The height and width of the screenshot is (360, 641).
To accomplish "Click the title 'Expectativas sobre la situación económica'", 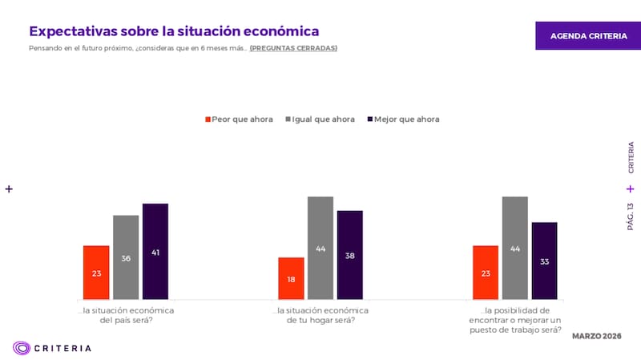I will (x=174, y=31).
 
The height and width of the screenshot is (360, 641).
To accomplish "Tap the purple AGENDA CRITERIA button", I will (x=588, y=36).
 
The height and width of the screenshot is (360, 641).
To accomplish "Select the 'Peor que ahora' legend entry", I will (x=238, y=119).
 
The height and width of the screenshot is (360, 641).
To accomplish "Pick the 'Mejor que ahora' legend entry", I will (x=402, y=119).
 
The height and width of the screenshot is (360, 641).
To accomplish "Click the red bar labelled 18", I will (x=291, y=278).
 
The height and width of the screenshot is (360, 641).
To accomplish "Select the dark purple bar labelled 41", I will (x=155, y=252).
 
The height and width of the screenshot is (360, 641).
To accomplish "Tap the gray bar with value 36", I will (x=126, y=257).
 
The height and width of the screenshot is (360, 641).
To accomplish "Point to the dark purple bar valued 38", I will (x=350, y=255).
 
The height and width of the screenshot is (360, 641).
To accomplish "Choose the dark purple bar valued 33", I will (x=544, y=261).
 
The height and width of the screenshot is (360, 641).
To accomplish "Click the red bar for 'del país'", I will (x=96, y=273).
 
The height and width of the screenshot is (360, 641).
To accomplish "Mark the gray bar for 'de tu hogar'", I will (x=320, y=248).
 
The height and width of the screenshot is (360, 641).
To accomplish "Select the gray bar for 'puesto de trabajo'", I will (x=515, y=248).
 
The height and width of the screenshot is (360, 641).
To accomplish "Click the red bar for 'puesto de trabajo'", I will (x=486, y=273).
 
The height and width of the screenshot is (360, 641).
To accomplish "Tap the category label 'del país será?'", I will (x=126, y=320).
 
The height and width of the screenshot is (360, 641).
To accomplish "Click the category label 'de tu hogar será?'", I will (x=320, y=320).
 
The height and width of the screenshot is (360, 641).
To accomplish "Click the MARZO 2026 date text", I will (x=597, y=335).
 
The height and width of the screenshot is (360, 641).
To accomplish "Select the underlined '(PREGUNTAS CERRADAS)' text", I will (x=293, y=48).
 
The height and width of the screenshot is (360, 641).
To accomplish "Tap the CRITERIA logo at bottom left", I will (x=52, y=348).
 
